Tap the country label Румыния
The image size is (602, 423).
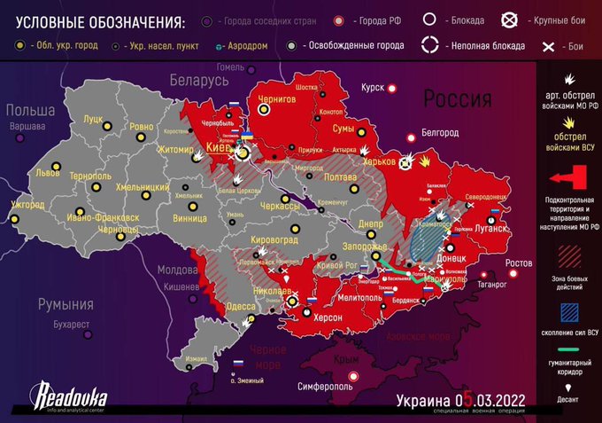(x=65, y=304)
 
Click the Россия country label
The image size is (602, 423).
(x=456, y=97)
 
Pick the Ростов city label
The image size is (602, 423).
(x=518, y=263)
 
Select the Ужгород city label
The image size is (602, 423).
(x=27, y=206)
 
